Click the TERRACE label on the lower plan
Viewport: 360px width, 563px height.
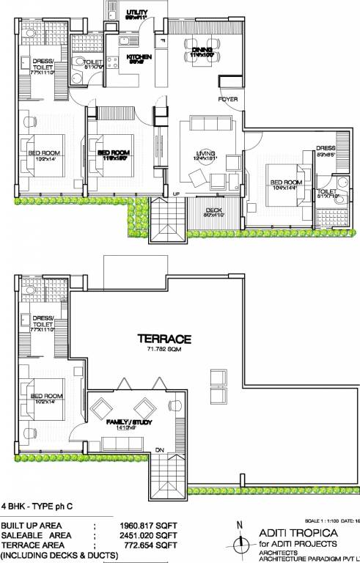pos(165,339)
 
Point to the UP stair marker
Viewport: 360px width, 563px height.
pos(175,194)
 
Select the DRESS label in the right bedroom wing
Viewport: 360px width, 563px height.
pos(326,148)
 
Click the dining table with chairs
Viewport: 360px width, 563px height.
pos(199,46)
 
